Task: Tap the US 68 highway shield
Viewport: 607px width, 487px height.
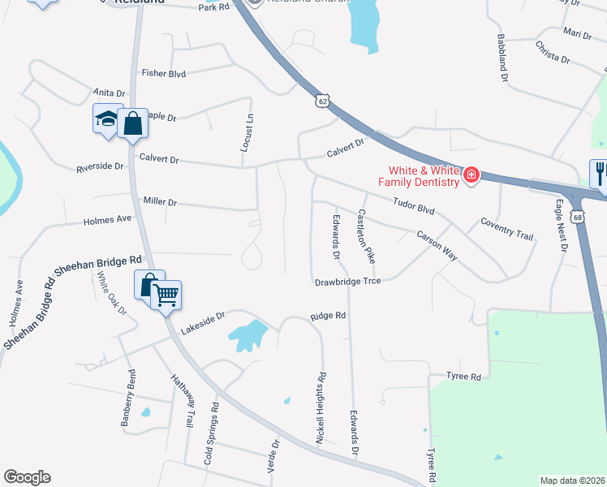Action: tap(577, 218)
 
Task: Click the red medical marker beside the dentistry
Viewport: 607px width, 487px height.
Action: tap(471, 175)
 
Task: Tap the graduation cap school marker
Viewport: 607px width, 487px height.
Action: tap(107, 120)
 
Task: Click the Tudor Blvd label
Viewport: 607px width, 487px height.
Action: tap(414, 208)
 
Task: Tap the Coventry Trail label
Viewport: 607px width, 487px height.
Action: tap(506, 228)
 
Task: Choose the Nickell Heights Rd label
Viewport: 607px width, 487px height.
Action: tap(322, 407)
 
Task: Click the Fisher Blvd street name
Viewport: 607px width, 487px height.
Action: tap(164, 73)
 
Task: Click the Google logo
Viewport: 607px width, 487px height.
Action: tap(27, 477)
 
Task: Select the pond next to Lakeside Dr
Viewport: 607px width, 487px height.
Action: tap(248, 334)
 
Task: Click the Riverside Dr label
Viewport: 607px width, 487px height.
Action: tap(100, 167)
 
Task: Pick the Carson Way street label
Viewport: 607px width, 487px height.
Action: tap(437, 246)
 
